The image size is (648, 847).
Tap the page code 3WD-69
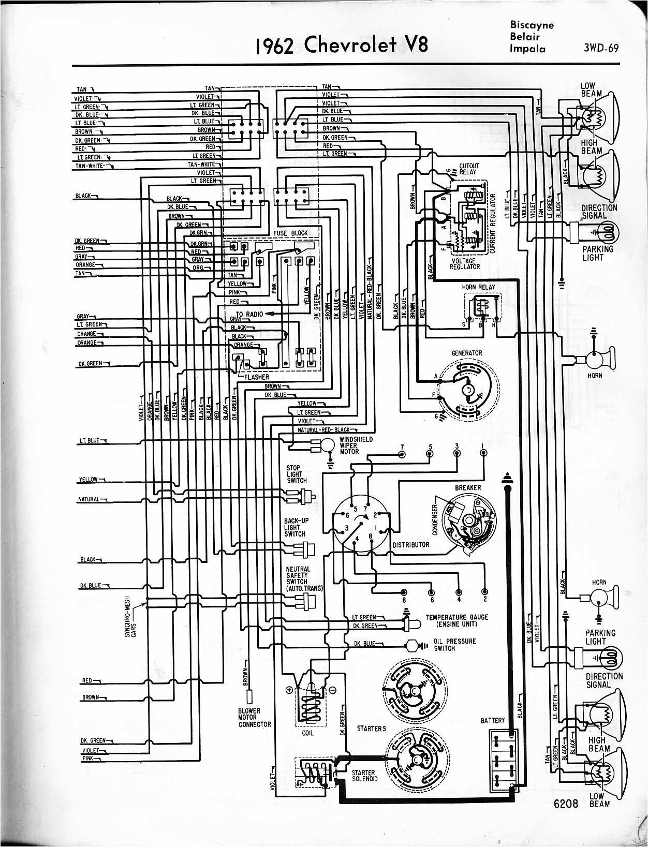(601, 49)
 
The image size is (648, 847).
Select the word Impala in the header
(524, 49)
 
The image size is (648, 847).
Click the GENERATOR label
(466, 353)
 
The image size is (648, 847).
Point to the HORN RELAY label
(478, 287)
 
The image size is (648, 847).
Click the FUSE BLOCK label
(290, 233)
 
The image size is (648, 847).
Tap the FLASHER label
(257, 377)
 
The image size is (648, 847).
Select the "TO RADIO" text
(249, 314)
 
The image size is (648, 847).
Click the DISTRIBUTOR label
(411, 545)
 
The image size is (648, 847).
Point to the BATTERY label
(492, 720)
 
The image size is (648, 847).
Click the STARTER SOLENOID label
(364, 776)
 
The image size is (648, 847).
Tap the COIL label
(307, 733)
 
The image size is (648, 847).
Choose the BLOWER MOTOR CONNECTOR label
(254, 718)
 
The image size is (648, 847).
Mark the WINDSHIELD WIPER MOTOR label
(356, 445)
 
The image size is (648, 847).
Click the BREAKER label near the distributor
(468, 487)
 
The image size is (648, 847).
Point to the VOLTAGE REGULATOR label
(465, 264)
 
